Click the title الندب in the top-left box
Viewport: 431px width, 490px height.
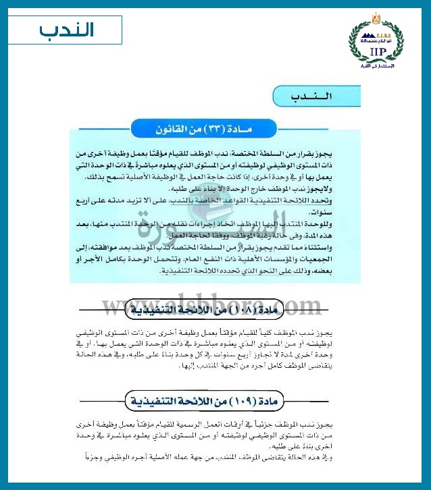pyautogui.click(x=68, y=30)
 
